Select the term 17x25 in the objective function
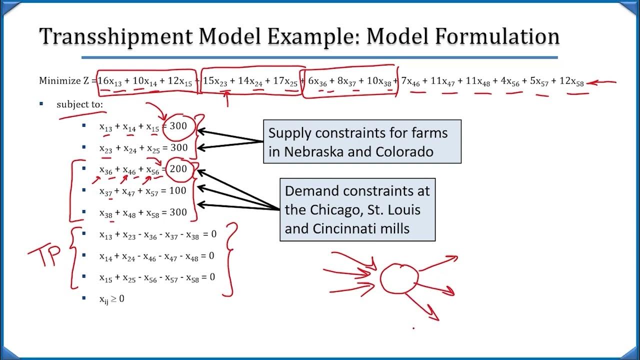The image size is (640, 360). [285, 81]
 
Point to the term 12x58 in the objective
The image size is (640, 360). [571, 81]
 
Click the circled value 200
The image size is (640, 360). [178, 169]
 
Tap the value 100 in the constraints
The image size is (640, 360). [177, 190]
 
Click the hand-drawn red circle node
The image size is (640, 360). [398, 278]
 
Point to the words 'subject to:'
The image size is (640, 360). [79, 104]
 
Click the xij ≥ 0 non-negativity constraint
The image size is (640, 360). [111, 299]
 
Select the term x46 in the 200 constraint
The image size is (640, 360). [129, 170]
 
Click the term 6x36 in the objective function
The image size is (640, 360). [318, 81]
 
